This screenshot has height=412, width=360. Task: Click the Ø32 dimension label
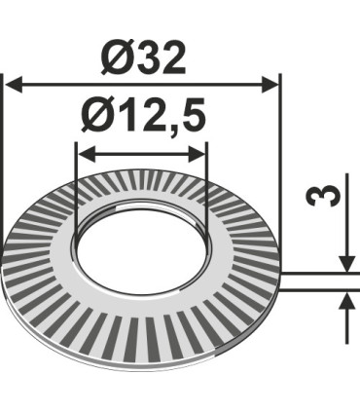click(143, 57)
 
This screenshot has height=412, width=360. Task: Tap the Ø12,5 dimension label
click(143, 114)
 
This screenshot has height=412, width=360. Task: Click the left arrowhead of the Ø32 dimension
click(14, 85)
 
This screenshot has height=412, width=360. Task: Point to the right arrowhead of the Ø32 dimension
click(270, 85)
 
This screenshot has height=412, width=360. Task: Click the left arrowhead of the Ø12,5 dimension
click(88, 154)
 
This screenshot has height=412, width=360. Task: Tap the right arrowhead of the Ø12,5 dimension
click(196, 154)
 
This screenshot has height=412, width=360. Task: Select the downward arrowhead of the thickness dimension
click(346, 264)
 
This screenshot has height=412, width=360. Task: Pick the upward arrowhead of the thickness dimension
click(347, 301)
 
